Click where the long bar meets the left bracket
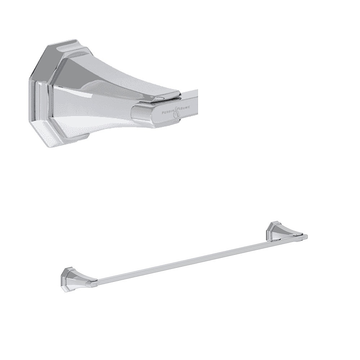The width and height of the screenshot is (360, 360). [x=96, y=280]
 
